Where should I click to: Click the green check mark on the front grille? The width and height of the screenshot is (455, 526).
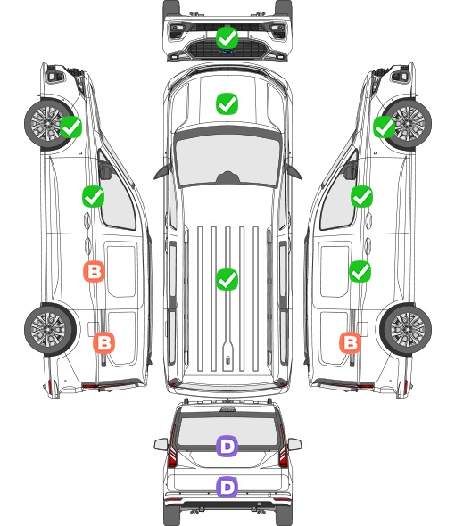227,38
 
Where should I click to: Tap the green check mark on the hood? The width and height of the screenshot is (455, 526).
227,103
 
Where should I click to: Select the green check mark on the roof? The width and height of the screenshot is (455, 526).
227,279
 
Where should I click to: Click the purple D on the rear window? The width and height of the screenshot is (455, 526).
227,446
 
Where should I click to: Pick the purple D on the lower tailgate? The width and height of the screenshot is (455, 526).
227,487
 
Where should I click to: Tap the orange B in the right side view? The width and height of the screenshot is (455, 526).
351,343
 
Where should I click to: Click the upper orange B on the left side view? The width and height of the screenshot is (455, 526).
94,271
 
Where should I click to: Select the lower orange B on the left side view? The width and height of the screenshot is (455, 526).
104,343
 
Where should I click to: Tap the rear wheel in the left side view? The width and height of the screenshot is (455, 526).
50,330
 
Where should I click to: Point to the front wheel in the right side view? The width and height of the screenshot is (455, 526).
407,124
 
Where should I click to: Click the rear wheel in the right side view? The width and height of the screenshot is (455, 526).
406,330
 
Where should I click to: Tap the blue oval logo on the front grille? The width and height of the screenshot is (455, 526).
227,52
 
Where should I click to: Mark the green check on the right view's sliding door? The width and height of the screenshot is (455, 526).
360,271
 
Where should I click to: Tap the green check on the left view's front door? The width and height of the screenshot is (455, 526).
94,196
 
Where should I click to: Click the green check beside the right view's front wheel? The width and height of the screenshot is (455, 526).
385,127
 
